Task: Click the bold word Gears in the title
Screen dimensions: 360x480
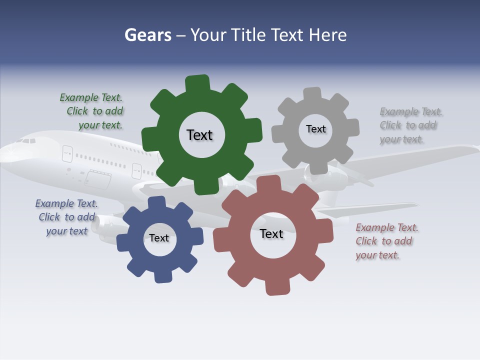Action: pyautogui.click(x=147, y=35)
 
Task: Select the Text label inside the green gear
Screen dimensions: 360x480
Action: pyautogui.click(x=199, y=135)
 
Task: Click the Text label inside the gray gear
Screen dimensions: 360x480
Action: pyautogui.click(x=315, y=129)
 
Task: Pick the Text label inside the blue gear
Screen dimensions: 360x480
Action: pyautogui.click(x=159, y=238)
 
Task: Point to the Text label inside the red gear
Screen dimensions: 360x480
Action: pyautogui.click(x=271, y=234)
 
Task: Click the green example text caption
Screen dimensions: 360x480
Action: pyautogui.click(x=92, y=111)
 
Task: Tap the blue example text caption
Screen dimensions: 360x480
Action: pyautogui.click(x=66, y=217)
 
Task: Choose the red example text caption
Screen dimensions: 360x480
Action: pyautogui.click(x=386, y=241)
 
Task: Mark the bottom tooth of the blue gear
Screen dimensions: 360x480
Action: pyautogui.click(x=163, y=275)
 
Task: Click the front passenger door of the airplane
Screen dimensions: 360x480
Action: pyautogui.click(x=67, y=153)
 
